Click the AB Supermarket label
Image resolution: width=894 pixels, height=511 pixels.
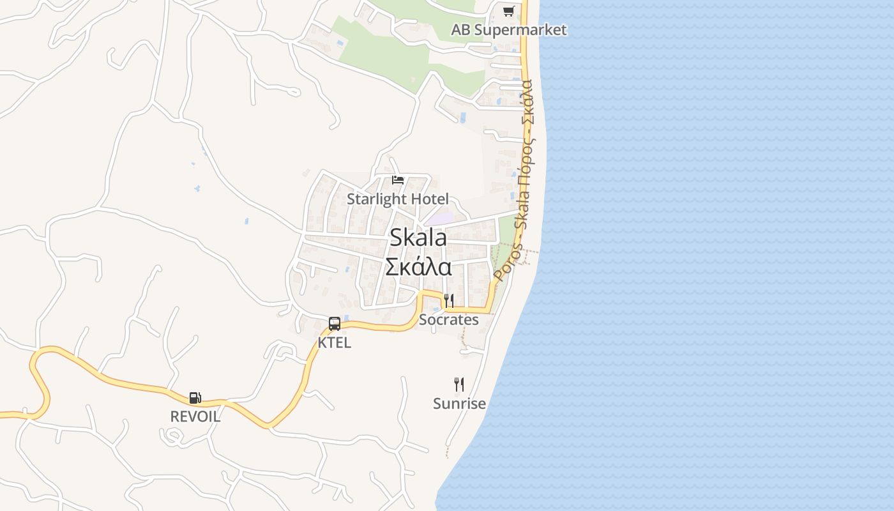pyautogui.click(x=509, y=30)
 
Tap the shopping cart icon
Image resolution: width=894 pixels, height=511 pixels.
pyautogui.click(x=508, y=11)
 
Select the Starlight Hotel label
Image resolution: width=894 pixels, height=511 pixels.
pyautogui.click(x=398, y=199)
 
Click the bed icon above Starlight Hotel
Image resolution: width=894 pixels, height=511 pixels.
pyautogui.click(x=398, y=180)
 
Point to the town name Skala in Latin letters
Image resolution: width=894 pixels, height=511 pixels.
pyautogui.click(x=418, y=238)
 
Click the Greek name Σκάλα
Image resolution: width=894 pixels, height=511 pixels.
pyautogui.click(x=418, y=266)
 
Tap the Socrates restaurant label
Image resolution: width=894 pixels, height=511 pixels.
pyautogui.click(x=448, y=319)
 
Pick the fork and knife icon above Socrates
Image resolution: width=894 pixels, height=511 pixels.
pyautogui.click(x=449, y=301)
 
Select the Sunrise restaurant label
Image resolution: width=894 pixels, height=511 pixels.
pyautogui.click(x=459, y=404)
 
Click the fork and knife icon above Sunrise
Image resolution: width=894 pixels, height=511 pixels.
pyautogui.click(x=458, y=384)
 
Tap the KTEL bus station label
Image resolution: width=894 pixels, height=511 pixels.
pyautogui.click(x=334, y=342)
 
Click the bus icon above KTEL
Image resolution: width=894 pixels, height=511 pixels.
pyautogui.click(x=335, y=324)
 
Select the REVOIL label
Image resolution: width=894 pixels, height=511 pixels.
pyautogui.click(x=195, y=416)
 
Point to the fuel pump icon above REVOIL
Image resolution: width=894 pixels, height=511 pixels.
pyautogui.click(x=195, y=398)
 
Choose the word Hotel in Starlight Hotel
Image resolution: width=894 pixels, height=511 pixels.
pyautogui.click(x=430, y=199)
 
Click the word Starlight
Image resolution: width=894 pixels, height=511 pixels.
pyautogui.click(x=377, y=199)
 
